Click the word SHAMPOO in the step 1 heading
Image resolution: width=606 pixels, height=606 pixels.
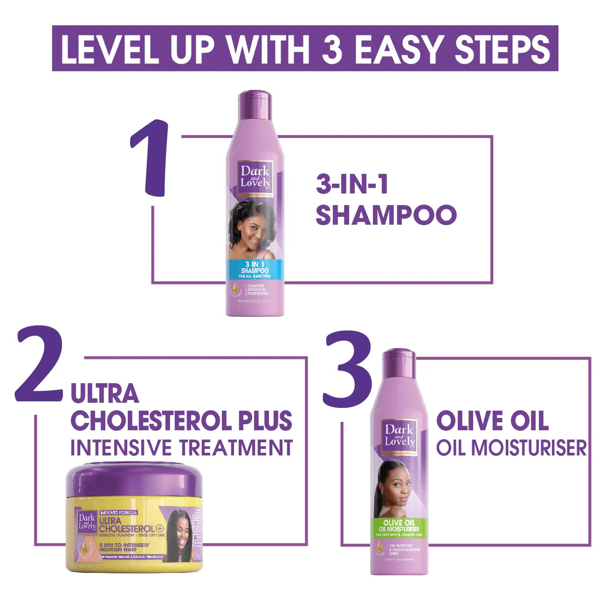(386, 214)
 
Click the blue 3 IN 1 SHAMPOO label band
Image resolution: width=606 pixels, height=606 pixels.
(255, 270)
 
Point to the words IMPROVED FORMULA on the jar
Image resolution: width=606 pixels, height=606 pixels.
(118, 512)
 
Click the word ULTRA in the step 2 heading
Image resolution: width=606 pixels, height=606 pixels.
(104, 394)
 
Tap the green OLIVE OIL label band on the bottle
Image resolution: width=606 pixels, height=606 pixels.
(399, 526)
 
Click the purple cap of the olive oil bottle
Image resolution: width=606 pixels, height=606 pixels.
(399, 364)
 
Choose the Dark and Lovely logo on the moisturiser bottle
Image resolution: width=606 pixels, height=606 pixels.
(399, 436)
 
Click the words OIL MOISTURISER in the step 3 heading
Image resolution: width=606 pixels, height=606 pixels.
(511, 448)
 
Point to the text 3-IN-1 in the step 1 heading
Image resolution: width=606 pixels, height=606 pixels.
(352, 185)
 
